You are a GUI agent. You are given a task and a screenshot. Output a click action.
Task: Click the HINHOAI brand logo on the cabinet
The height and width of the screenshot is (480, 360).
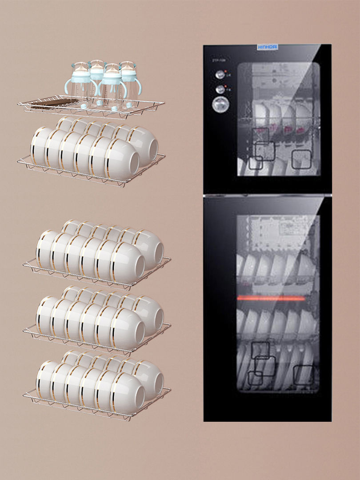pos(268,47)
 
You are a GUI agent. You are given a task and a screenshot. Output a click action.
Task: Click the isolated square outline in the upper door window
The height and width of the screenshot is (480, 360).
pos(301,159)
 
